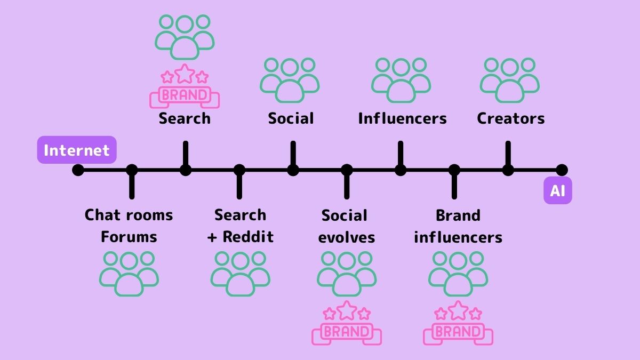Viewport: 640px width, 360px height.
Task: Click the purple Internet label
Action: (x=76, y=150)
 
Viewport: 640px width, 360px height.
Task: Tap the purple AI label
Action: (x=557, y=190)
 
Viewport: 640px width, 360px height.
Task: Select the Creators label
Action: (x=510, y=118)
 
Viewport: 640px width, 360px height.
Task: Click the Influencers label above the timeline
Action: (x=402, y=118)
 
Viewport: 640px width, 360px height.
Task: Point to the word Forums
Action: (x=129, y=236)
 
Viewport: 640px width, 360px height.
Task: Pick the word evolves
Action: (x=346, y=237)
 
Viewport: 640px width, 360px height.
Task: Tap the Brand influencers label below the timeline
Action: (x=458, y=226)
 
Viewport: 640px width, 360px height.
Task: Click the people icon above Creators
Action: (x=509, y=81)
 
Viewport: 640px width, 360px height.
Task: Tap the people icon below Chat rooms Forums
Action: (x=129, y=274)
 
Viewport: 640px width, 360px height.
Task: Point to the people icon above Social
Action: (x=290, y=81)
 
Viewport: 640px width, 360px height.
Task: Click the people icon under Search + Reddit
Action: (x=240, y=274)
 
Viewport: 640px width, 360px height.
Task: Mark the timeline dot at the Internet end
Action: (x=78, y=170)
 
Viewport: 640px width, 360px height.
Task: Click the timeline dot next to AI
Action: (x=562, y=170)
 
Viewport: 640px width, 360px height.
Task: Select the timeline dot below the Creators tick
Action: (x=508, y=170)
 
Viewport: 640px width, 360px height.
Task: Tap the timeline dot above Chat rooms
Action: (x=132, y=170)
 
